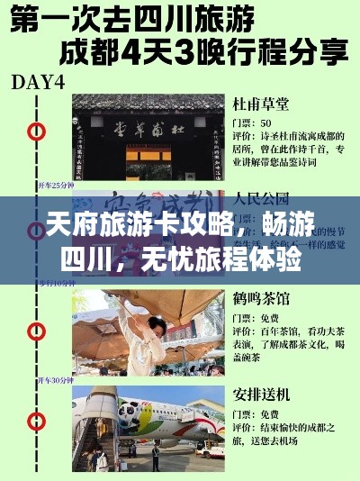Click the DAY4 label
coord(37,82)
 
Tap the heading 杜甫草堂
coord(258,103)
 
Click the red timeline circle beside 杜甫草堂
coord(36,132)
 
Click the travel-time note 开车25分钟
coord(55,185)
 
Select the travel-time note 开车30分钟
coord(55,380)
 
